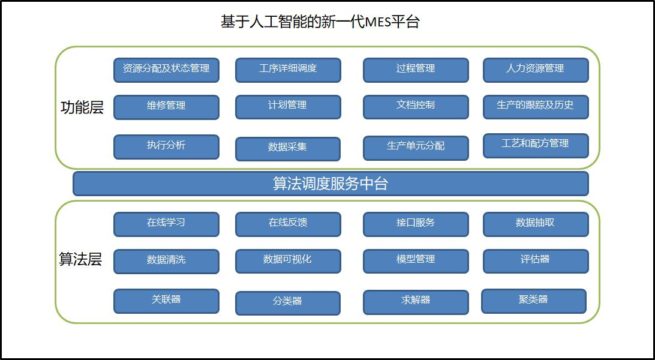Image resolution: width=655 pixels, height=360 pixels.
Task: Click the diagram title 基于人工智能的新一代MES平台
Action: [x=320, y=22]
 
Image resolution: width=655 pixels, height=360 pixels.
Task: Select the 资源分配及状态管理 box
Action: [x=166, y=70]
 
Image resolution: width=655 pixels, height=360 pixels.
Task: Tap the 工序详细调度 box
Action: [x=289, y=70]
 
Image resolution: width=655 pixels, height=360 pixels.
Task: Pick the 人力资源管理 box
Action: [x=536, y=70]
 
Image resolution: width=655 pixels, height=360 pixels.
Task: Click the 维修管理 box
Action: [x=166, y=107]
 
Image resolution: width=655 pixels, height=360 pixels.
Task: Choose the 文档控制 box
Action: [x=416, y=107]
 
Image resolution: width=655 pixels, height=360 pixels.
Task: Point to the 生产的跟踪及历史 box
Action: [x=536, y=107]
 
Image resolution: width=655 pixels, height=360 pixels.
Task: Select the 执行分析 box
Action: [x=166, y=147]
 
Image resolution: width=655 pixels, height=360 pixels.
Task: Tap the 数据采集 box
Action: [x=288, y=149]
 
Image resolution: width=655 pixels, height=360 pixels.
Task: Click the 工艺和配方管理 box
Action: [x=536, y=146]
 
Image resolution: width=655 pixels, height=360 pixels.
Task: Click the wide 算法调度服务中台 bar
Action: [x=331, y=184]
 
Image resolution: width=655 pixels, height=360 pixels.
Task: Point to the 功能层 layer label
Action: [x=82, y=107]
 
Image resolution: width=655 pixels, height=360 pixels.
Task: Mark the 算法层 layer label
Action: [x=80, y=259]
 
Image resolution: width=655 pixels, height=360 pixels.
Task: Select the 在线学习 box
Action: [x=166, y=224]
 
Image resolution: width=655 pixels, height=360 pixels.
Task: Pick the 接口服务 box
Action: [x=416, y=224]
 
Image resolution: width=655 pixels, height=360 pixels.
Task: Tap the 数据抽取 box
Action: [x=536, y=224]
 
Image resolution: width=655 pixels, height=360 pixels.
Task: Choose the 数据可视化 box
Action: [x=289, y=262]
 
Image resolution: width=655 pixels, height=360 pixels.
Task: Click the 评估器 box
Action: [x=536, y=262]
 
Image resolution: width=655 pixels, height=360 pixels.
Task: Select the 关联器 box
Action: [x=166, y=301]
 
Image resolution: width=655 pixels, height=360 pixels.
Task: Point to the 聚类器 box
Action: [x=534, y=301]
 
